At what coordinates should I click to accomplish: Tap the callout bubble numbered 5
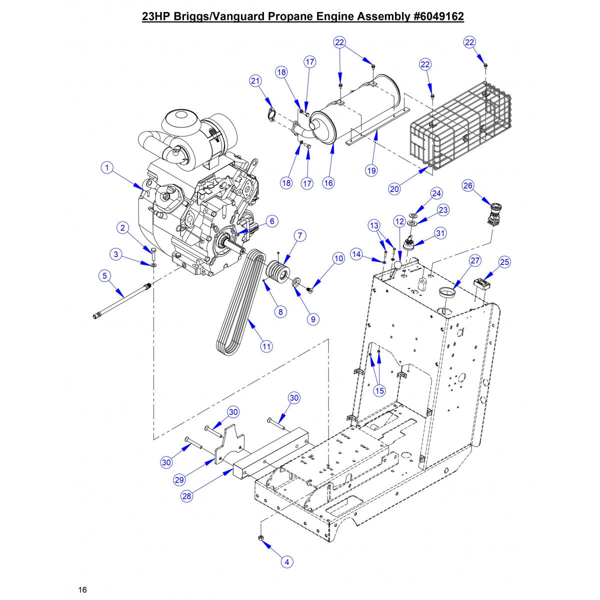click(x=104, y=275)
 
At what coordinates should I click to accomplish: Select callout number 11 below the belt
click(x=266, y=345)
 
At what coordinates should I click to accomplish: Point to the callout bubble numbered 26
click(x=468, y=185)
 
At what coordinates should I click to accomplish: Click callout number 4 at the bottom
click(x=286, y=562)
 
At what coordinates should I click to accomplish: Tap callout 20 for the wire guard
click(x=394, y=188)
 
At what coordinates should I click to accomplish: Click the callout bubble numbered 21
click(x=255, y=81)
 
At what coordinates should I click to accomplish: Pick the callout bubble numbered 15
click(x=379, y=390)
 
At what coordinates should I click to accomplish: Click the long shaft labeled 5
click(x=122, y=300)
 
